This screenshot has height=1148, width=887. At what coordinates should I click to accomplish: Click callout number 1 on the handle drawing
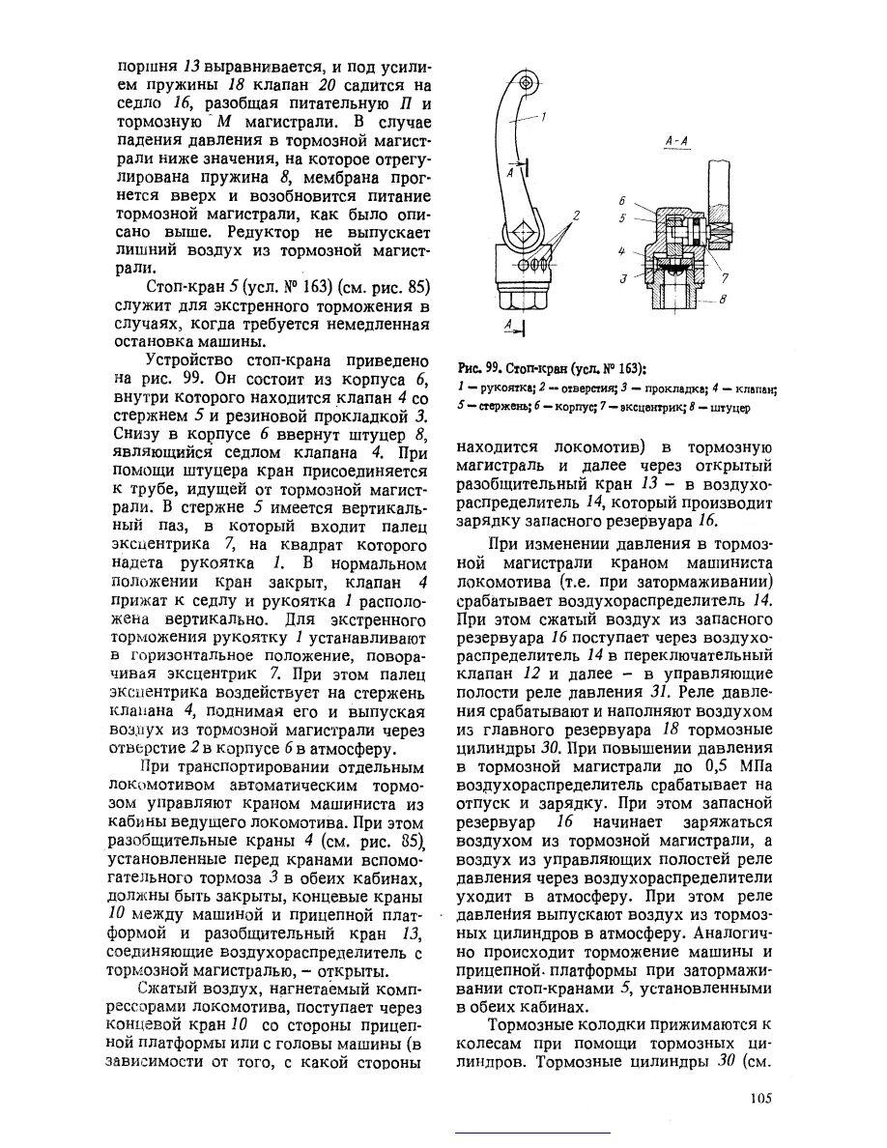(x=543, y=118)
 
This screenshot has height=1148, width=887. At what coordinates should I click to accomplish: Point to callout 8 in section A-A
(x=722, y=300)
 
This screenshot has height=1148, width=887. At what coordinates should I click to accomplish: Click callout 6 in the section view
(x=623, y=200)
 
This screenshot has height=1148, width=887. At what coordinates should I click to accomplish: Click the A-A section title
(x=676, y=141)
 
